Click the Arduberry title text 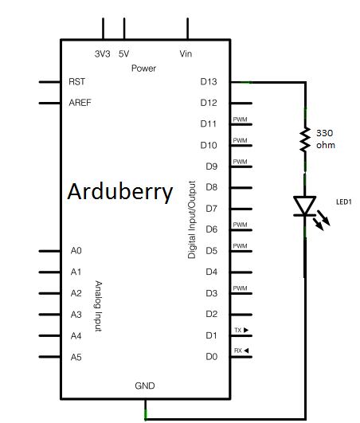(120, 192)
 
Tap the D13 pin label (209, 82)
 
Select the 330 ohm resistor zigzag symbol (305, 139)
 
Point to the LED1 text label (344, 202)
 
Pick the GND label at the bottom (145, 386)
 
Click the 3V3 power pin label (103, 54)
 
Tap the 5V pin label (123, 54)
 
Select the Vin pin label (186, 53)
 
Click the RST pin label (76, 82)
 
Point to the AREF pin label (80, 103)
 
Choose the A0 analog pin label (76, 251)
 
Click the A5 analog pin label (76, 357)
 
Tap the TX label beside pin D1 (238, 331)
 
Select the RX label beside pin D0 (238, 351)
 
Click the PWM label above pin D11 (240, 119)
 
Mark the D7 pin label (211, 209)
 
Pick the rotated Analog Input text (99, 306)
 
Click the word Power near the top (143, 69)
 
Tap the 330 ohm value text (326, 139)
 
